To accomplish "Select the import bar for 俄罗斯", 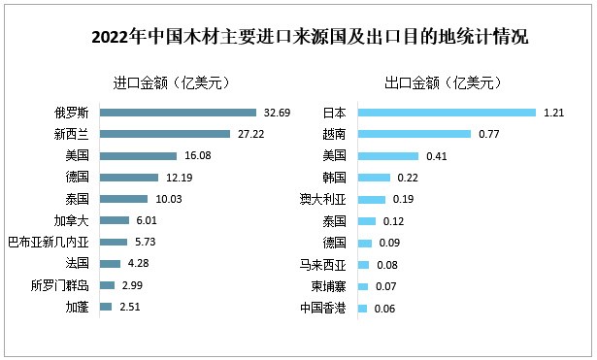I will [178, 113].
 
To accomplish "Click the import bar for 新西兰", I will [165, 134].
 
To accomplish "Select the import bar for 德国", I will [130, 178].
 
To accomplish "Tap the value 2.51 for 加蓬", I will [130, 307].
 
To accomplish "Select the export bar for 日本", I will [447, 113].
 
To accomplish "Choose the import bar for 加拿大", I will [115, 220].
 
